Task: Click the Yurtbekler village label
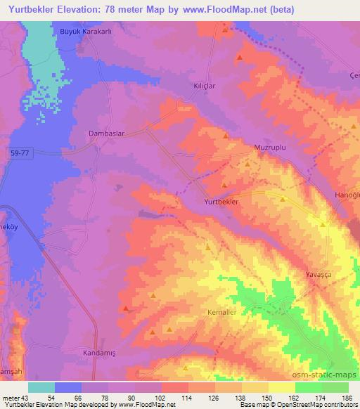click(222, 201)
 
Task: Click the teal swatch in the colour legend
click(41, 387)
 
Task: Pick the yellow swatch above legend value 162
click(281, 387)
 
